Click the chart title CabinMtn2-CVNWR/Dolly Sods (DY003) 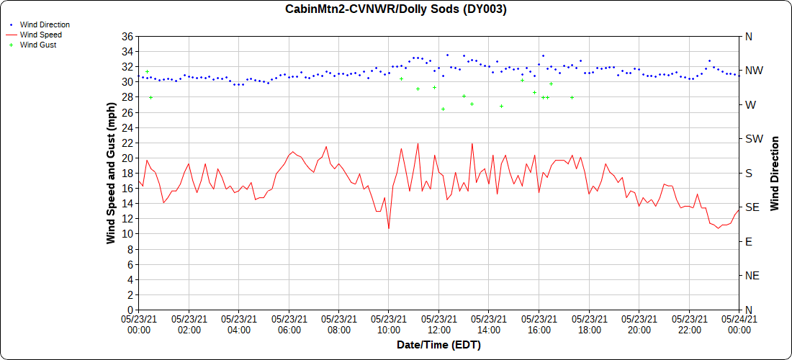(x=395, y=9)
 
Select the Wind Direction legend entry (x=45, y=24)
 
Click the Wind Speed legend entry (x=41, y=35)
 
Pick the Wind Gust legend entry (x=38, y=45)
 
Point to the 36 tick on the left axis (x=127, y=37)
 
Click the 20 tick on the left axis (x=127, y=158)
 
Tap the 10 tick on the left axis (x=127, y=234)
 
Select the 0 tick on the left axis (x=130, y=310)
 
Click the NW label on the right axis (x=754, y=71)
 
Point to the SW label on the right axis (x=754, y=139)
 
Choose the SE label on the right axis (x=752, y=207)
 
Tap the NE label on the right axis (x=752, y=276)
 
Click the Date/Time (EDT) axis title (x=438, y=345)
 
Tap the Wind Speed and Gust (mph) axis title (x=111, y=173)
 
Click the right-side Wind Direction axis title (x=775, y=173)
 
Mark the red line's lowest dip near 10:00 (x=389, y=228)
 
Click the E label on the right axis (x=749, y=242)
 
